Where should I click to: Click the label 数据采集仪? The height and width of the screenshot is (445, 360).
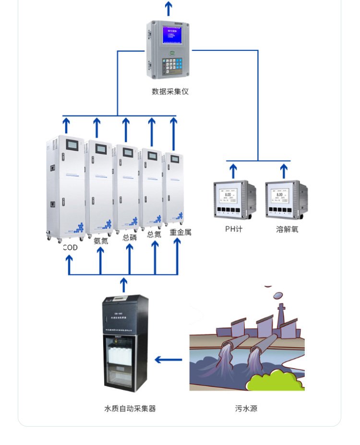coord(170,91)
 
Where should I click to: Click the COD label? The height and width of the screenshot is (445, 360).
coord(70,247)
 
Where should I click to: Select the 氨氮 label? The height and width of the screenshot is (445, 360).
coord(100,241)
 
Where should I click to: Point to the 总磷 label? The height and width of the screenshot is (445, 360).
coord(130,237)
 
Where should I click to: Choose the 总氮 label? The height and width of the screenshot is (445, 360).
coord(154,234)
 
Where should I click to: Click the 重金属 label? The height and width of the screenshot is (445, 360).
coord(180,232)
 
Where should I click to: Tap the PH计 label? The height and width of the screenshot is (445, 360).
coord(234,229)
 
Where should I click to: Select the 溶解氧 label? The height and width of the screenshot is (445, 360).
coord(287,229)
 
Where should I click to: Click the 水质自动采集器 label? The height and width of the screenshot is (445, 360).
coord(130,409)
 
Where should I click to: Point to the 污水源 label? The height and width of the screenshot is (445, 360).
coord(246,409)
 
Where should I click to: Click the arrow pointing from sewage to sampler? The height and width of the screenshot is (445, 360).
coord(168,360)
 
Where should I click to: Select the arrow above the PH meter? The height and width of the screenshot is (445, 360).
coord(233,171)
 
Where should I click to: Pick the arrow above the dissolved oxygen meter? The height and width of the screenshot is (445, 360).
coord(284,171)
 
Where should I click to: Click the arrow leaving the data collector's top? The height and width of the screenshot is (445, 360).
coord(168,8)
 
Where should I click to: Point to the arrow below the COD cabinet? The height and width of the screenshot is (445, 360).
coord(69,264)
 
